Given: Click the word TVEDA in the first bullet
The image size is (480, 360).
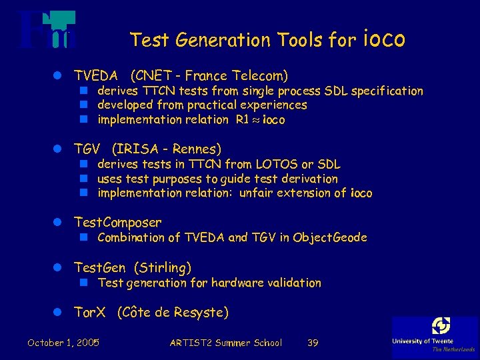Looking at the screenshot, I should (x=96, y=75).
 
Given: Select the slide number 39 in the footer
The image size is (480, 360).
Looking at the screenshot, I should (x=313, y=343).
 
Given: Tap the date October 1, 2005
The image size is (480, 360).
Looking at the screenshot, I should (x=63, y=343).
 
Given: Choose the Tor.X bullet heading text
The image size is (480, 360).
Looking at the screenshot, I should (x=90, y=312).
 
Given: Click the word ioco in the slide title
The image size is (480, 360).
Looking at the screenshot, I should (x=385, y=39).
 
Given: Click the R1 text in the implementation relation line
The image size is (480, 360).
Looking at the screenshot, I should (x=243, y=120).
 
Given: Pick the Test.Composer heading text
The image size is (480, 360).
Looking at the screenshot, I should (x=117, y=222).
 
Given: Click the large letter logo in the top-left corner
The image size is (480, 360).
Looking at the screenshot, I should (x=47, y=30).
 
